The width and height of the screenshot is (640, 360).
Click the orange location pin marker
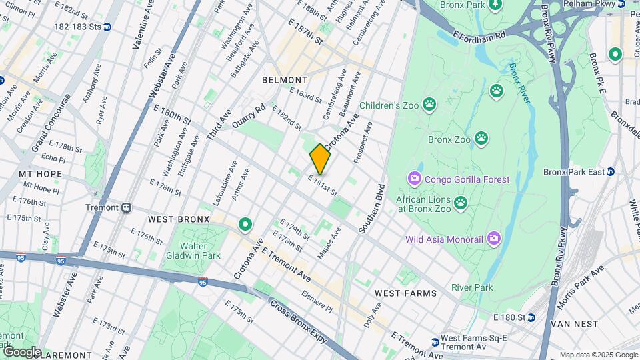click(320, 159)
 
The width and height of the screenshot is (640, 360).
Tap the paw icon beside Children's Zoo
click(428, 105)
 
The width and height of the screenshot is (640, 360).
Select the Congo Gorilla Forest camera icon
click(414, 179)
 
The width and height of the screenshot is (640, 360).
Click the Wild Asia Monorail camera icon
click(493, 238)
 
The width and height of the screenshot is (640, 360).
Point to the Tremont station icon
click(125, 207)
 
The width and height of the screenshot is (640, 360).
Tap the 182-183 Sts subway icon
click(107, 27)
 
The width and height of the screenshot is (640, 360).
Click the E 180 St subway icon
click(531, 317)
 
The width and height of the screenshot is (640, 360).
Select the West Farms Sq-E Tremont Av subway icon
click(435, 342)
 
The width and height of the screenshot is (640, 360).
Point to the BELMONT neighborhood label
click(285, 80)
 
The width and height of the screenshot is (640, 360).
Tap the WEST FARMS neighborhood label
click(405, 293)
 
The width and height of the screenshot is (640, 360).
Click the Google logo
click(21, 351)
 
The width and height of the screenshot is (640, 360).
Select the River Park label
click(472, 287)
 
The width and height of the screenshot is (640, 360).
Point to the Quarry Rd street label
click(249, 115)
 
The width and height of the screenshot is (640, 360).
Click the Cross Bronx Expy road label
click(298, 321)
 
